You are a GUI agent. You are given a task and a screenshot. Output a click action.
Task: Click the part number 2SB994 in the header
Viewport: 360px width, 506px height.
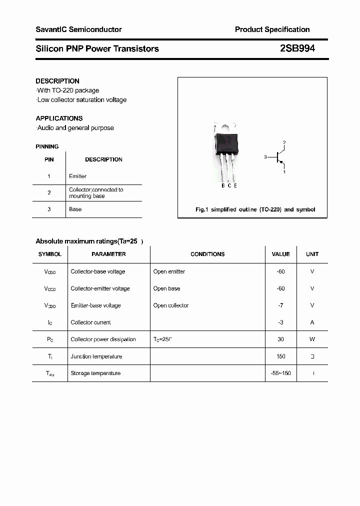pos(297,48)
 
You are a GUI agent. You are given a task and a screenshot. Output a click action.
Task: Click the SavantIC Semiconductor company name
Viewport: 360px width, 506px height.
pos(78,29)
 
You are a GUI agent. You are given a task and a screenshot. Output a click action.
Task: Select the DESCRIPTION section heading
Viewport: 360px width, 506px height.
pos(57,81)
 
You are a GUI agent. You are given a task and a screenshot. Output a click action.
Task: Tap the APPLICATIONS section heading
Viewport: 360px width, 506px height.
pos(59,118)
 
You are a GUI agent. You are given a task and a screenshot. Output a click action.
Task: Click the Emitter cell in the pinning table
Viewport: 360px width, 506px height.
pos(77,176)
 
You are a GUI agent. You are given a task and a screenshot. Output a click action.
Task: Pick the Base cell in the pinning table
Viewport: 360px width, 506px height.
pos(75,209)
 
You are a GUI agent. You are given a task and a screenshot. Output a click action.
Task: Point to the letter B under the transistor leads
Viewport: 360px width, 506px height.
pos(223,185)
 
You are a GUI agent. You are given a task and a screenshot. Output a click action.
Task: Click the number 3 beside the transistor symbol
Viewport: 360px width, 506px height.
pos(265,157)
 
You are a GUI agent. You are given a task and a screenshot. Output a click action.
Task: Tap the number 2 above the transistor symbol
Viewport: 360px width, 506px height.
pos(284,143)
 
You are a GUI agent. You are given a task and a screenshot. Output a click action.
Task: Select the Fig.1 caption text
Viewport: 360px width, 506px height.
pos(255,209)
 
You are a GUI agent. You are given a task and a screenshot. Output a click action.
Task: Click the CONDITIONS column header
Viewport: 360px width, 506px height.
pos(207,254)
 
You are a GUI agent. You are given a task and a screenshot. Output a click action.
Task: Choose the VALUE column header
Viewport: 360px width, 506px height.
pos(280,254)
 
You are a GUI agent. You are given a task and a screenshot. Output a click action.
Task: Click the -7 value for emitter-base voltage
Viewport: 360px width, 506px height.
pos(280,305)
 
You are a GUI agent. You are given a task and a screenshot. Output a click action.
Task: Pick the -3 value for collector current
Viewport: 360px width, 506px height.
pos(280,322)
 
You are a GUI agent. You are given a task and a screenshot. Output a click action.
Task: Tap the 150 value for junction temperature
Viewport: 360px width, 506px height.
pos(280,356)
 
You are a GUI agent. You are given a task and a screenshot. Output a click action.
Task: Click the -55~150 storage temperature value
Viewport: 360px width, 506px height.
pos(280,373)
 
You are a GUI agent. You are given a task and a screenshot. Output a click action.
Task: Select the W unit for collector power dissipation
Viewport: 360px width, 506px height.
pos(312,339)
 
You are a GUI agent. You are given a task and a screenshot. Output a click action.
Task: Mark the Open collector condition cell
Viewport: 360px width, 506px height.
pos(171,305)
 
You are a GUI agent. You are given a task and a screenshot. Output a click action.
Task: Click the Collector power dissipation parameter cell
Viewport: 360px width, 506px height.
pos(103,339)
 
